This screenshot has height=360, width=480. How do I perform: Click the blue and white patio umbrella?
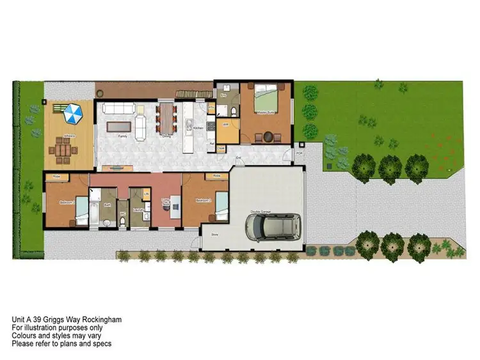click(x=73, y=114)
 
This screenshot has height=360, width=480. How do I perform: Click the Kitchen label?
click(x=198, y=129)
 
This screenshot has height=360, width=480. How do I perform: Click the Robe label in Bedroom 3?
click(x=56, y=176)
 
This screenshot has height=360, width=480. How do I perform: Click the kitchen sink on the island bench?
click(x=189, y=122)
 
